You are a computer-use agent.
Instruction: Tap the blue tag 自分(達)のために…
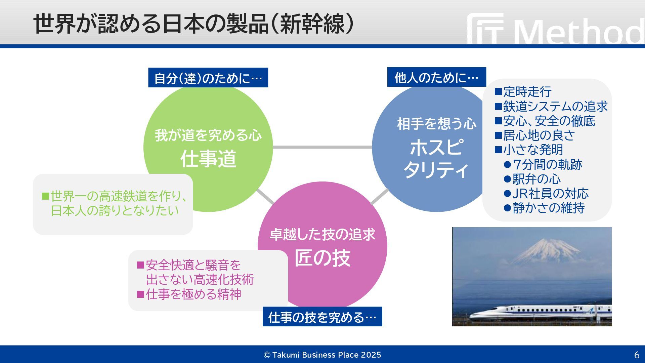(x=208, y=78)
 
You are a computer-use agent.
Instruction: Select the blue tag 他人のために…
(x=436, y=77)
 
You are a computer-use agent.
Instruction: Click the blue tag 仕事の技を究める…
(x=322, y=317)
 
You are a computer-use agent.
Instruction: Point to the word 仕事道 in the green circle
(x=208, y=159)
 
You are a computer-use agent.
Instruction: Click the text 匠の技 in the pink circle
(x=322, y=258)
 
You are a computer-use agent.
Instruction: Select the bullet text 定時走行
(x=527, y=91)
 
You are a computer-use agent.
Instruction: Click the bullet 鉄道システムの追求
(x=555, y=106)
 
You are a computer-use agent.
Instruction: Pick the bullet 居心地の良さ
(x=539, y=135)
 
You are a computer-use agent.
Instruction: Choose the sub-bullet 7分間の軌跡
(x=547, y=164)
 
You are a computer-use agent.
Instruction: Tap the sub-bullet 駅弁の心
(x=536, y=179)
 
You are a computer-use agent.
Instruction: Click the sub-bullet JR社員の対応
(x=550, y=193)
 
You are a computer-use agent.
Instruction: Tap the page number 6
(x=637, y=355)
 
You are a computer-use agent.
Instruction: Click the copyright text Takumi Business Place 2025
(x=326, y=355)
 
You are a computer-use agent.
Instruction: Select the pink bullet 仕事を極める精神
(x=193, y=294)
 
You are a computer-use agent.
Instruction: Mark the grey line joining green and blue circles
(x=322, y=147)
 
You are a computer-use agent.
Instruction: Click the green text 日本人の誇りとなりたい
(x=115, y=210)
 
